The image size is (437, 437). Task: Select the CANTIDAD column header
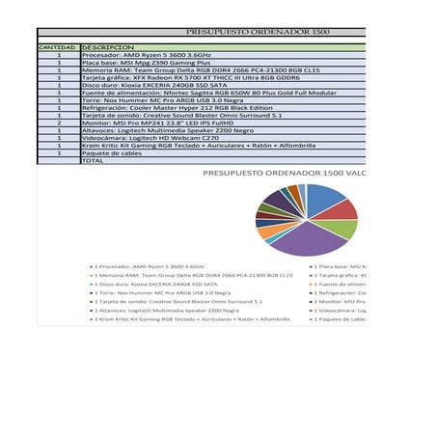click(57, 47)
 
